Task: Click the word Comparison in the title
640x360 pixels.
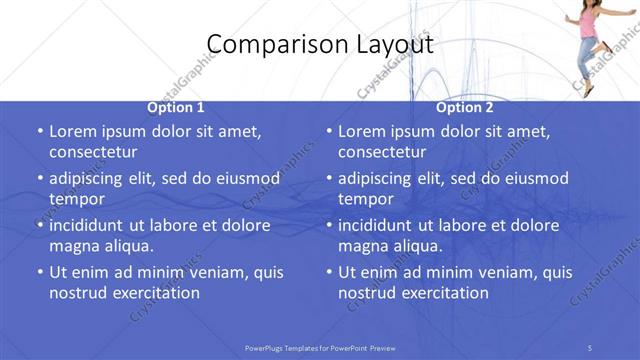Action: tap(264, 44)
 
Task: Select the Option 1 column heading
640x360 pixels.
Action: tap(176, 107)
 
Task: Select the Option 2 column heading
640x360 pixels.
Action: tap(465, 107)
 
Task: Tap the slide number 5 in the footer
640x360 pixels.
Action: tap(590, 347)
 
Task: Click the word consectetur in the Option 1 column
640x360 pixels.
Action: tap(93, 152)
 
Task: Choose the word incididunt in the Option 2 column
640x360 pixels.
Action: tap(381, 224)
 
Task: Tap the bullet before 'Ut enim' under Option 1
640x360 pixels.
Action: tap(40, 272)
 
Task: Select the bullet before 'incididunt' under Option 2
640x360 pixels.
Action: tap(329, 225)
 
